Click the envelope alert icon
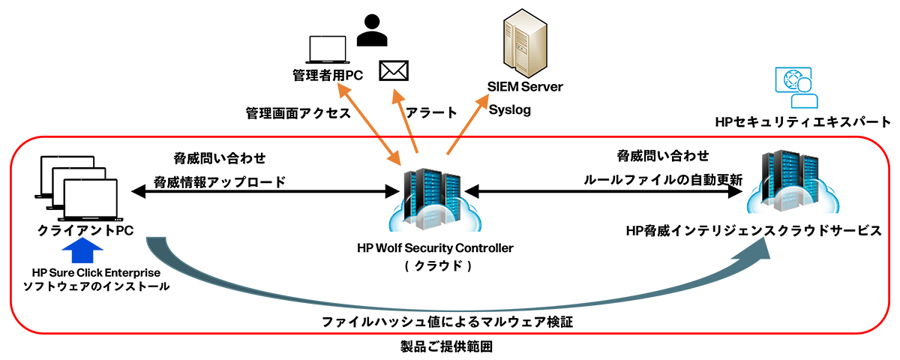click(x=394, y=70)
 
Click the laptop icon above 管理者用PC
click(x=328, y=49)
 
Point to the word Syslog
click(x=510, y=110)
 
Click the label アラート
click(x=430, y=112)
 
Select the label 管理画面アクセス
click(x=298, y=112)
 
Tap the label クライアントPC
click(x=85, y=230)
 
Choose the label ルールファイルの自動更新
click(x=663, y=180)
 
